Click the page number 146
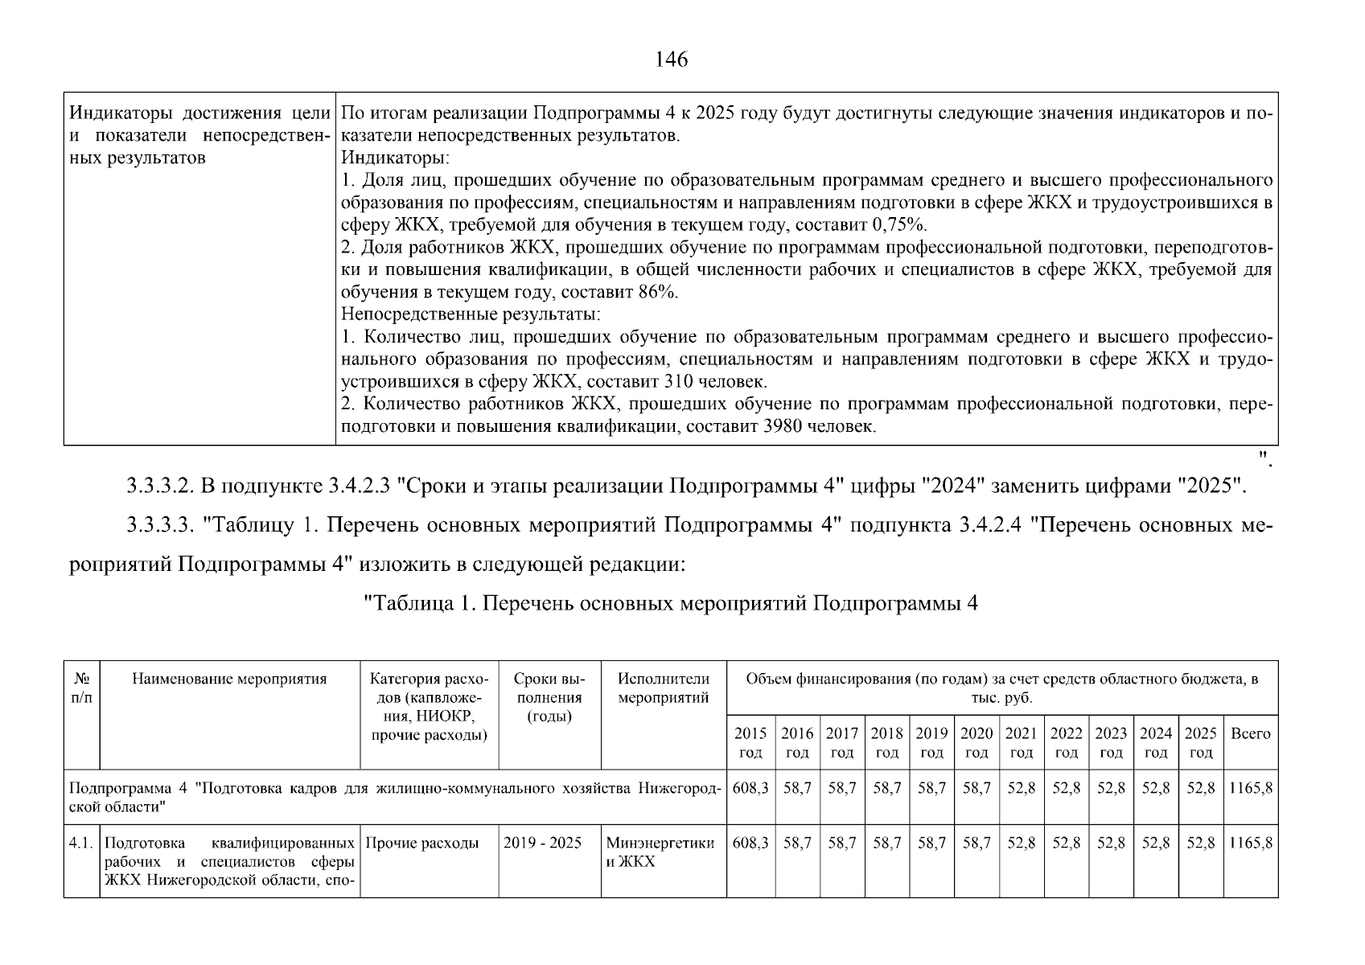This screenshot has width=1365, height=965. [672, 60]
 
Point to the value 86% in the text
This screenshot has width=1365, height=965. [658, 292]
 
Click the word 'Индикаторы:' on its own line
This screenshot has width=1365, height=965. [395, 158]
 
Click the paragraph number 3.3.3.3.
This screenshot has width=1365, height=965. [161, 526]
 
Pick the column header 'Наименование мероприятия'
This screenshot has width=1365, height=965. [229, 679]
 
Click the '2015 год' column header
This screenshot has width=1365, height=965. [750, 742]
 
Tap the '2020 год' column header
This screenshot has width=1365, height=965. [976, 742]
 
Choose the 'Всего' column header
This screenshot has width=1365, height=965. [1251, 733]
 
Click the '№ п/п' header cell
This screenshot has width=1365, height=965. [81, 688]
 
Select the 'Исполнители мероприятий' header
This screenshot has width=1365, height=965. [664, 688]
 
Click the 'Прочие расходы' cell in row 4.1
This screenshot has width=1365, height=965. [422, 843]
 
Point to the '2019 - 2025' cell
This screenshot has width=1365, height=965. [542, 843]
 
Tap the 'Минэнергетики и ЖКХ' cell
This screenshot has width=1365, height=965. [660, 852]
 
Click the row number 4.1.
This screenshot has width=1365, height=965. [81, 843]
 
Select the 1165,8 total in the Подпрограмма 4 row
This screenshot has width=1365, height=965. [1250, 788]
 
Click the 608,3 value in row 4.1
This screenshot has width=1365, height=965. [750, 843]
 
